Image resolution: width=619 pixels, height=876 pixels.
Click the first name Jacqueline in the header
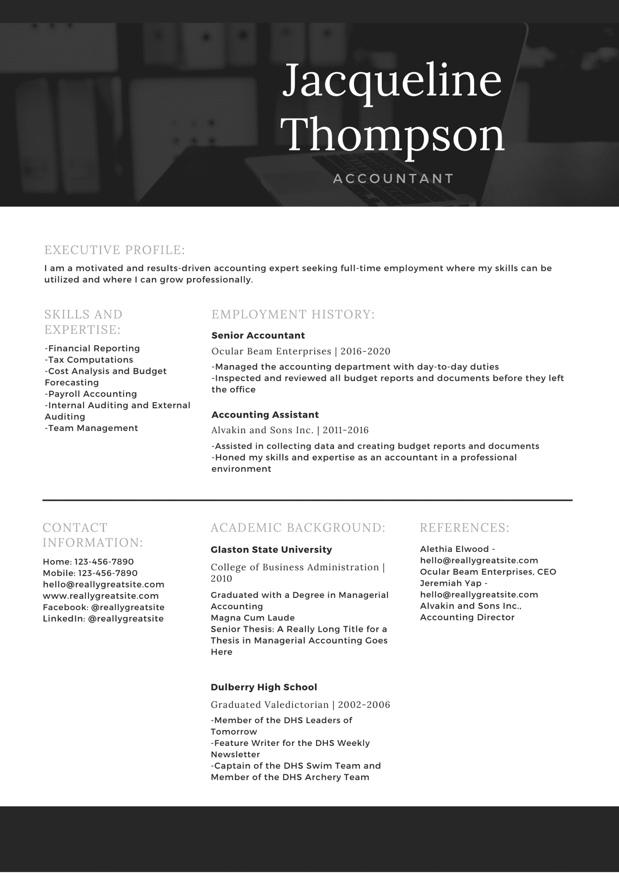[392, 82]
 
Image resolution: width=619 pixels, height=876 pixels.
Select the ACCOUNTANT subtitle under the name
[394, 179]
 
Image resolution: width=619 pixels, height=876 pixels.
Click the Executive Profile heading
[115, 250]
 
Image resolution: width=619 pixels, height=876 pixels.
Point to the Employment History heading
[293, 314]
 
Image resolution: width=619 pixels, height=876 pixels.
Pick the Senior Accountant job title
[258, 336]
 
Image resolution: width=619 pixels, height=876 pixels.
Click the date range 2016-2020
[365, 352]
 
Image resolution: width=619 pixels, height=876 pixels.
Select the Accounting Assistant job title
[265, 415]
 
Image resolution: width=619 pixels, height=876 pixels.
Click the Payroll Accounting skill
[91, 394]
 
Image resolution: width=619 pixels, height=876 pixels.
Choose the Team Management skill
[92, 428]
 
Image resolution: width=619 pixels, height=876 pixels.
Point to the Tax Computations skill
[89, 360]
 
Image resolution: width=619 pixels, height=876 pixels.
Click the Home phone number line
[88, 562]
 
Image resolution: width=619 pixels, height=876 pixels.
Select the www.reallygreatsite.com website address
[101, 596]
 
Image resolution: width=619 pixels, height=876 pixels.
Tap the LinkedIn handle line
[103, 618]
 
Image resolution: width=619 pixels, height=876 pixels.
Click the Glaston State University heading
[271, 550]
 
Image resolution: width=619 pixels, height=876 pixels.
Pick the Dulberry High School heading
[264, 687]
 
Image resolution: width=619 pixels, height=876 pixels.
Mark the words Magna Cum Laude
[253, 618]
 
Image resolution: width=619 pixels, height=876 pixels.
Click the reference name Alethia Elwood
[454, 549]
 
